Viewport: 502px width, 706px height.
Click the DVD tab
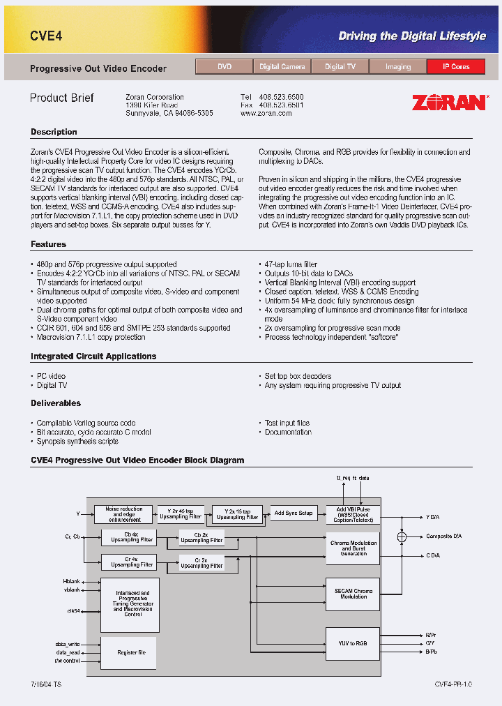coord(224,67)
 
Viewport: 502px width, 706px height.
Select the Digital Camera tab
coord(282,67)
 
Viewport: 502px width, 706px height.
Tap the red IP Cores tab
coord(456,67)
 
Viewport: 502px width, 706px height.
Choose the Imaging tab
coord(398,67)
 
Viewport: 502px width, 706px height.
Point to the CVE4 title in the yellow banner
coord(46,36)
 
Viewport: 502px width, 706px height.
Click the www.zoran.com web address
coord(266,113)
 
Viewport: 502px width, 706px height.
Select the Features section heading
coord(49,244)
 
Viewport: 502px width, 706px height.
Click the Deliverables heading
coord(56,403)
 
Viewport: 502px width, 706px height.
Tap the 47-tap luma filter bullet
coord(291,264)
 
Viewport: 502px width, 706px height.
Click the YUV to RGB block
coord(352,643)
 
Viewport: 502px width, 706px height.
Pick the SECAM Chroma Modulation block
coord(353,594)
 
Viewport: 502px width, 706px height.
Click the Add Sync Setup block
coord(293,513)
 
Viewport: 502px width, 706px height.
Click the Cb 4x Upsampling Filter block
coord(128,537)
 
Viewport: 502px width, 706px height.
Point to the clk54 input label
coord(73,610)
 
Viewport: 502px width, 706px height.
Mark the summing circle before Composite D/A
coord(401,536)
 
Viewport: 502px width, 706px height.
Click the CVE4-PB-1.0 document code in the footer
coord(453,685)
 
